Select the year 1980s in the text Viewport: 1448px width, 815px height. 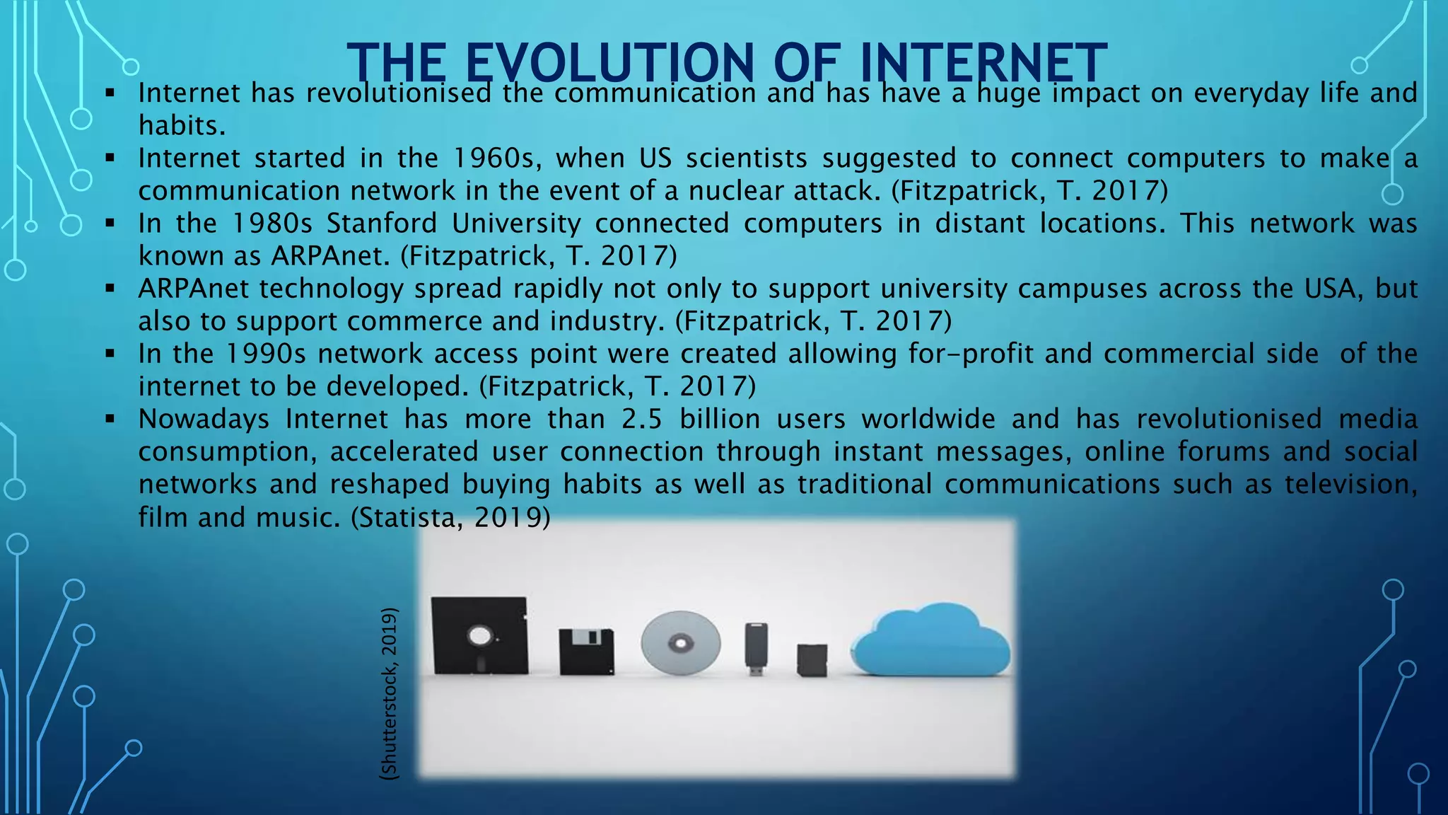(x=272, y=224)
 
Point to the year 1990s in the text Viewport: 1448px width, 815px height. (x=265, y=354)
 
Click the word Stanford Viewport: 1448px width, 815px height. (x=382, y=224)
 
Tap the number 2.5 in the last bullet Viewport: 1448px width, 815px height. (x=642, y=419)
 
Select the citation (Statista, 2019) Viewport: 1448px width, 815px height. (x=450, y=517)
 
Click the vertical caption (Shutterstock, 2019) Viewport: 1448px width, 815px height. (x=389, y=693)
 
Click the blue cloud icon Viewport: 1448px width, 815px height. (x=930, y=641)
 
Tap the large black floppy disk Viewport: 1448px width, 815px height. (x=480, y=635)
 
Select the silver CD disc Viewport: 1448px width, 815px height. (x=680, y=643)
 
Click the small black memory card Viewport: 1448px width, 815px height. (x=812, y=659)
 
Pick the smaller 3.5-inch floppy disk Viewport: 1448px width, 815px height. (x=586, y=651)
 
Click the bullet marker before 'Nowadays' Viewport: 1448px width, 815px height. (x=110, y=419)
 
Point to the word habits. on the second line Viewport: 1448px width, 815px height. (x=182, y=126)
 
